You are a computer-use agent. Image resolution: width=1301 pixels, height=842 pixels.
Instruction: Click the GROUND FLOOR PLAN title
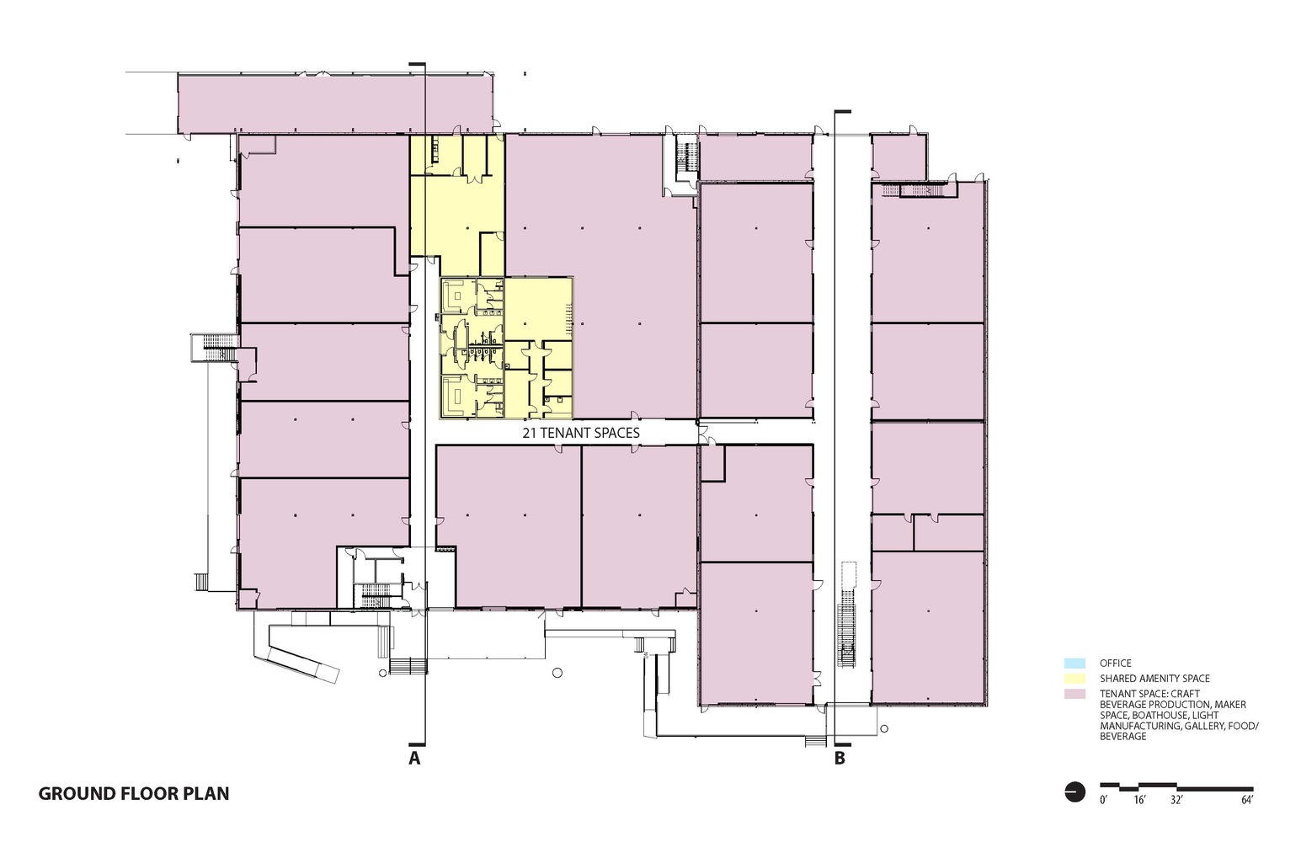[x=134, y=793]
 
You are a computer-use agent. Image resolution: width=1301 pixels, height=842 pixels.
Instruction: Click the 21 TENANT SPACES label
[x=581, y=433]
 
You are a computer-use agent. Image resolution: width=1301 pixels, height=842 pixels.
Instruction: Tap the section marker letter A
[x=414, y=758]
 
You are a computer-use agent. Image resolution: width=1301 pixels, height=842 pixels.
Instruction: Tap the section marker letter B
[x=840, y=758]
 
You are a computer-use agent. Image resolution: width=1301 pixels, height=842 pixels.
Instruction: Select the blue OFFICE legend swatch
[x=1075, y=663]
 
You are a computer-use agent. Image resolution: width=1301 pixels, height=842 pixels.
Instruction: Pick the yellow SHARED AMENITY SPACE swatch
[x=1075, y=678]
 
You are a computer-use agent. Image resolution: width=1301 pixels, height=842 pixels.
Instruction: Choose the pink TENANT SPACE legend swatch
[x=1075, y=693]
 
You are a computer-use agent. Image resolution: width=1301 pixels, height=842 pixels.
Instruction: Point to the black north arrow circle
[x=1075, y=792]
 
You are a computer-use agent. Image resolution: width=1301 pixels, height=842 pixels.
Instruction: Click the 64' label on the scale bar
[x=1247, y=800]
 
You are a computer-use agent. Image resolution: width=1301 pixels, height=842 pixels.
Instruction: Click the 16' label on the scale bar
[x=1139, y=800]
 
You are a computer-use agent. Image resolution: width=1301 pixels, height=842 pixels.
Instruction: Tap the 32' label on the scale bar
[x=1176, y=800]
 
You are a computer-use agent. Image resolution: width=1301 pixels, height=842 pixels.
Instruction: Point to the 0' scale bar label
[x=1103, y=800]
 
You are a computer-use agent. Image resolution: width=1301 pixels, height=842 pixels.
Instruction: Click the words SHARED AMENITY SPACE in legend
[x=1154, y=679]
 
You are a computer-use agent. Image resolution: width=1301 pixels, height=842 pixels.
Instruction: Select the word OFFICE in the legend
[x=1115, y=663]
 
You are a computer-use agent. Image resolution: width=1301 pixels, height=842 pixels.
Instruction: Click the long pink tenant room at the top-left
[x=334, y=103]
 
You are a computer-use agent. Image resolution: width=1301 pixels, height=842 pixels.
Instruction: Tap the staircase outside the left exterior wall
[x=214, y=347]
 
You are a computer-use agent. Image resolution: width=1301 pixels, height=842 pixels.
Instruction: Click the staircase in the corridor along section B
[x=847, y=636]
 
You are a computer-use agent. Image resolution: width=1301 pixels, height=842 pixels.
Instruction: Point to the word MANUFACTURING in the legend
[x=1138, y=726]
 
